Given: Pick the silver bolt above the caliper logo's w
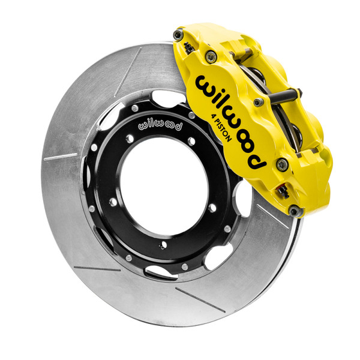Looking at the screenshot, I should (211, 57).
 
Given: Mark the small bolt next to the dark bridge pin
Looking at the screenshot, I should (259, 103).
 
